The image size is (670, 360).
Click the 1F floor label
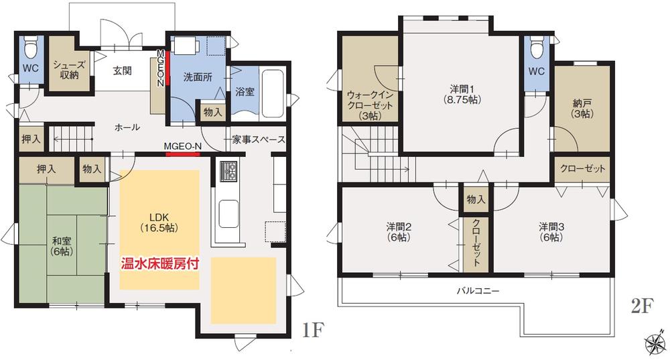pos(313,331)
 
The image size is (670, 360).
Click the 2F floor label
pos(641,308)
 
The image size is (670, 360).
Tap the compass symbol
pos(655,345)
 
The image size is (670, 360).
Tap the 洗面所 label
pos(198,77)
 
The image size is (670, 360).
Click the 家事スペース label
pos(259,140)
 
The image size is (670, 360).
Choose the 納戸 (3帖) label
pos(582,109)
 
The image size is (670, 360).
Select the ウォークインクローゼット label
pos(369,105)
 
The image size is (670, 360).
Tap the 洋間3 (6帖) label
pos(553,232)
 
